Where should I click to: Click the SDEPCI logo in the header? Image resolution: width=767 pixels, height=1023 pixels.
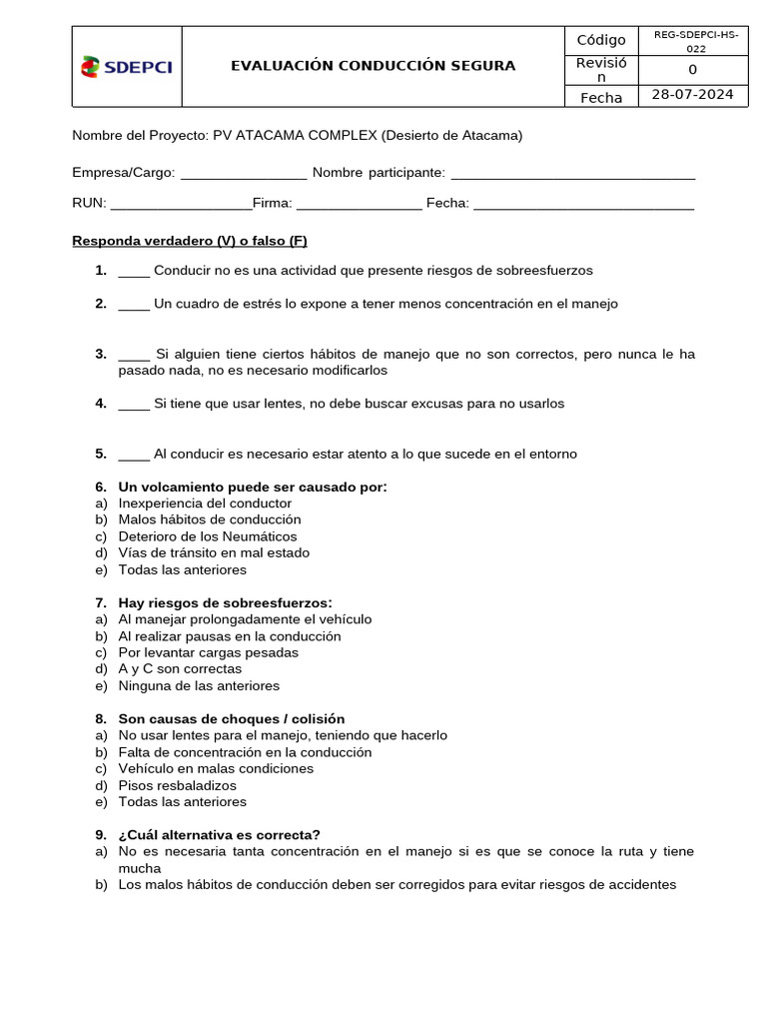point(127,67)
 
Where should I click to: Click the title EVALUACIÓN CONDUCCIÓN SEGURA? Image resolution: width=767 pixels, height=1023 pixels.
point(373,66)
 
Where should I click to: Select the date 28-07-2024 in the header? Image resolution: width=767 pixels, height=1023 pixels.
point(692,95)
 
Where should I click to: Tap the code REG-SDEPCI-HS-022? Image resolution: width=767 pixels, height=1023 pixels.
point(695,40)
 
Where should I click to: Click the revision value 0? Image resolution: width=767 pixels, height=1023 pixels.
point(693,69)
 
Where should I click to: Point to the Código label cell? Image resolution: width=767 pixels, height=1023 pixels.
point(601,40)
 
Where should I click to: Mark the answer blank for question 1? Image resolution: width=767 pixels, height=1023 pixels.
point(134,272)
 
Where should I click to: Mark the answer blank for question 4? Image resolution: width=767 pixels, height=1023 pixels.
point(134,405)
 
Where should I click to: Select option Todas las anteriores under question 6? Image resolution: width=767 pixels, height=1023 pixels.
point(182,570)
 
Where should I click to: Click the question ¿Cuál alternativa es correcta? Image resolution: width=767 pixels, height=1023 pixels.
point(219,835)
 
